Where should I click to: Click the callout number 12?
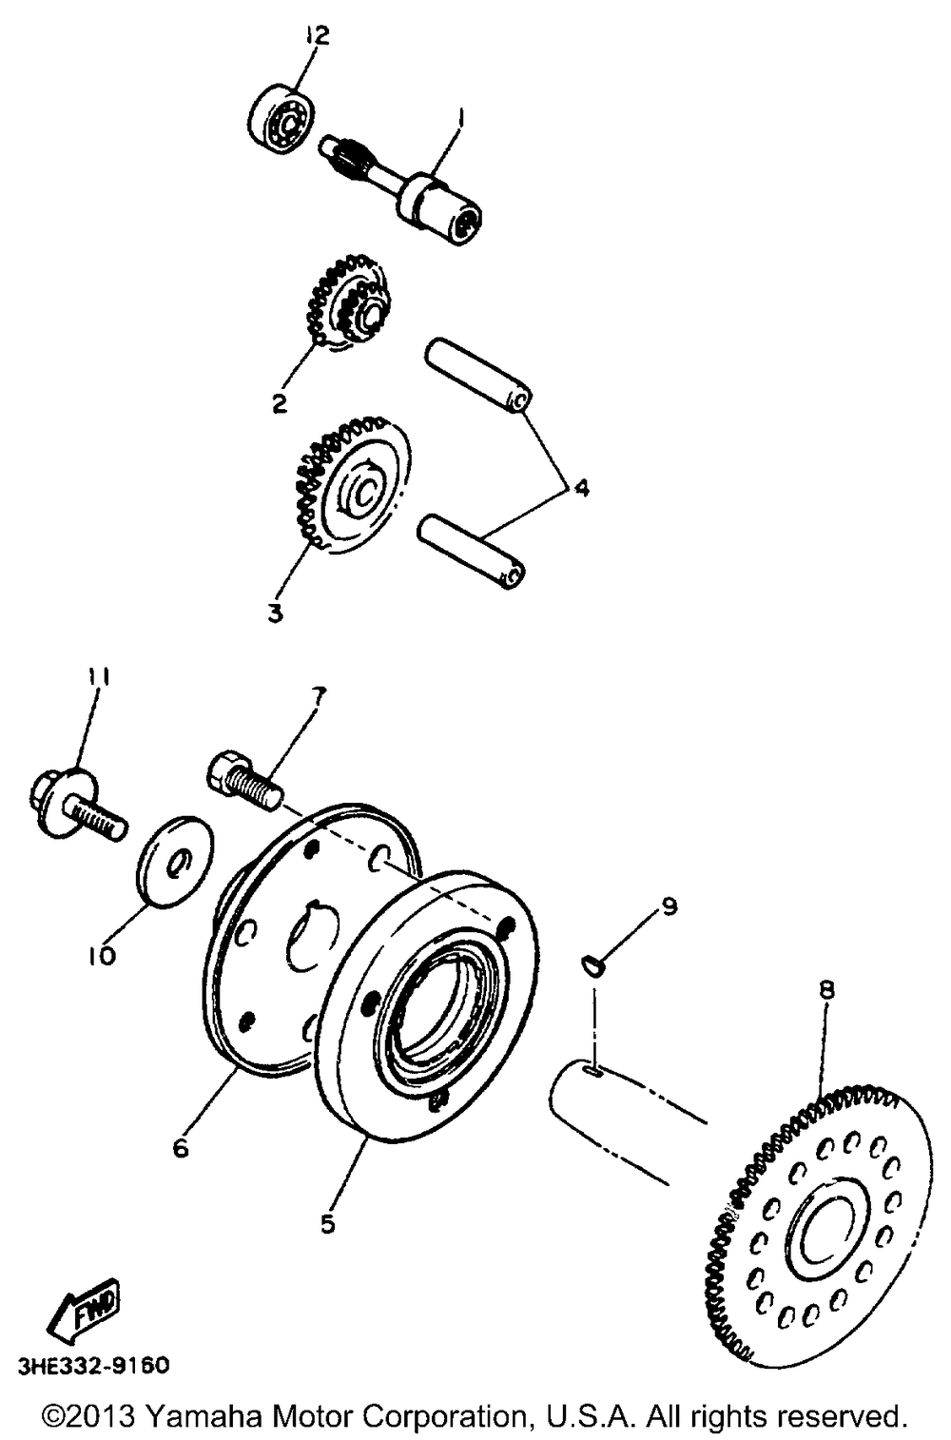[316, 36]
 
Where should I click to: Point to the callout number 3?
[276, 613]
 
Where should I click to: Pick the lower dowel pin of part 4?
[471, 549]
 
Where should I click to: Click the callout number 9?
[670, 906]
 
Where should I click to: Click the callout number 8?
[826, 989]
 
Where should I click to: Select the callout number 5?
[327, 1224]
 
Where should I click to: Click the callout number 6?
[181, 1148]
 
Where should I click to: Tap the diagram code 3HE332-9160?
[93, 1367]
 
